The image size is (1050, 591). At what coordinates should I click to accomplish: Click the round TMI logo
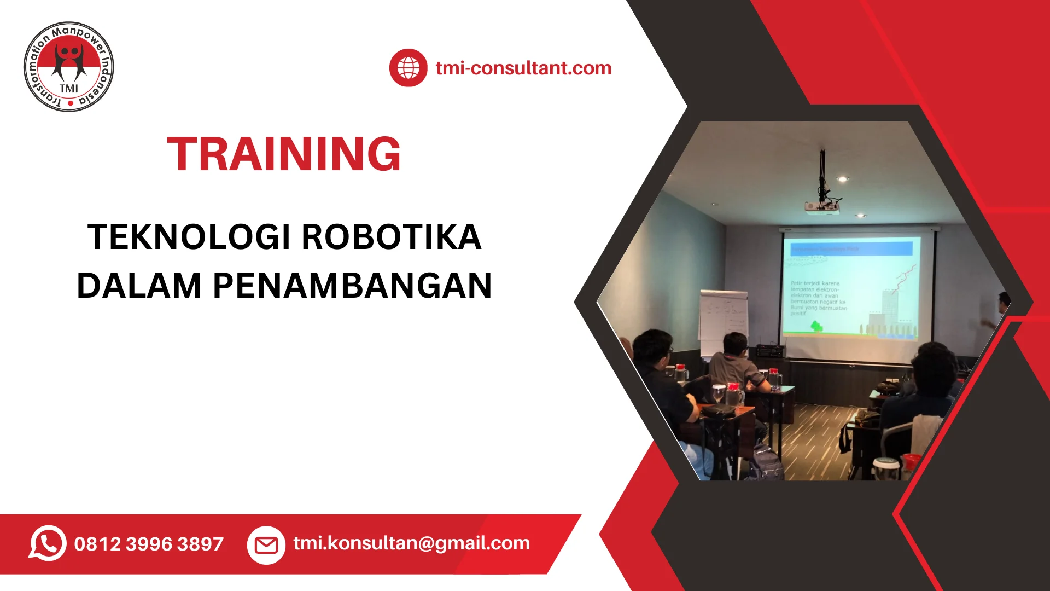69,67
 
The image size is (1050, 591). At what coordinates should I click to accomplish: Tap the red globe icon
408,68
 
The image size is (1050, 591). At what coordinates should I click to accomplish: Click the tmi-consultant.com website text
523,68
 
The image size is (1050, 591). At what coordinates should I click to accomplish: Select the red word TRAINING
284,154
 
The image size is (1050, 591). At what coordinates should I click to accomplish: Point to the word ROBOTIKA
391,237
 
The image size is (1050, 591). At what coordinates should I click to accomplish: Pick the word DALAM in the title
139,286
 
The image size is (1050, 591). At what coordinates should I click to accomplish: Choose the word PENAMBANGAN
353,286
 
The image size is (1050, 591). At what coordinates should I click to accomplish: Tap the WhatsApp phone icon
48,543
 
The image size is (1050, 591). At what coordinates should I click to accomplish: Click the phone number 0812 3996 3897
149,544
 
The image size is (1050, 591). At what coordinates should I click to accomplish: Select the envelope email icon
266,544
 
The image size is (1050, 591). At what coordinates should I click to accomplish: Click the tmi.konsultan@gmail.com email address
411,543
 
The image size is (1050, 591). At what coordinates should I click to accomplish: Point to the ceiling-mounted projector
821,206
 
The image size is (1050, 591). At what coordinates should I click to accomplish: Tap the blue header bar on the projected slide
851,249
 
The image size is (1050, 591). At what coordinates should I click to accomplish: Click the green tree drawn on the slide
816,327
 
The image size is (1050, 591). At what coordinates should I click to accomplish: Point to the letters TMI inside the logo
69,89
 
